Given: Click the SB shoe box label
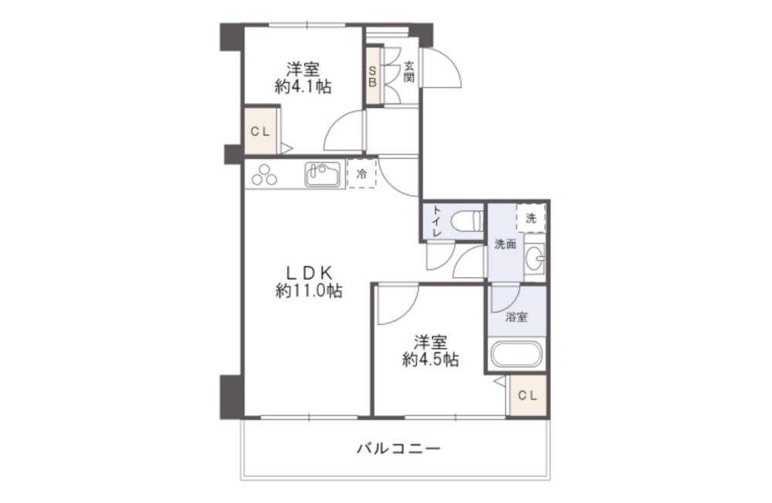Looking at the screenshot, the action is pos(372,76).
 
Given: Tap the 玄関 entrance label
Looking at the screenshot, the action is pos(409,72).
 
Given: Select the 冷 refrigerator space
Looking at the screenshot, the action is pos(362,174).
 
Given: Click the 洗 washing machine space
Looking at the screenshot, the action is pos(531,217).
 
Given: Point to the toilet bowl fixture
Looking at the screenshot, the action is pos(466,220).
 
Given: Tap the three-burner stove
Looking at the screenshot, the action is pos(264,174).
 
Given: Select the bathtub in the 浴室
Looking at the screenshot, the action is pos(516,354).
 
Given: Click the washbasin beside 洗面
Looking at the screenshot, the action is pos(535,256).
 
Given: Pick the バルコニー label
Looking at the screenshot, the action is pos(398,448).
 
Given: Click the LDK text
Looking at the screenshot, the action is pos(310,272).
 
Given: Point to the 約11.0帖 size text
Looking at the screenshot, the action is pos(309,291).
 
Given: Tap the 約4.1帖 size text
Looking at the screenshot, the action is pos(303,86).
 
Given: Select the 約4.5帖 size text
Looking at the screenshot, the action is pos(430,360).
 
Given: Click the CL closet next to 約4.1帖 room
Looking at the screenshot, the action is pos(260,131).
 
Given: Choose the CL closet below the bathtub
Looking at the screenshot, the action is pos(527,395).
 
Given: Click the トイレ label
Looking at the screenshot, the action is pos(436,221).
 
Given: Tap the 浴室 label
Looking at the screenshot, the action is pos(516,317).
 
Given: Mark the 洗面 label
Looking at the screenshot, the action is pos(505,244).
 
